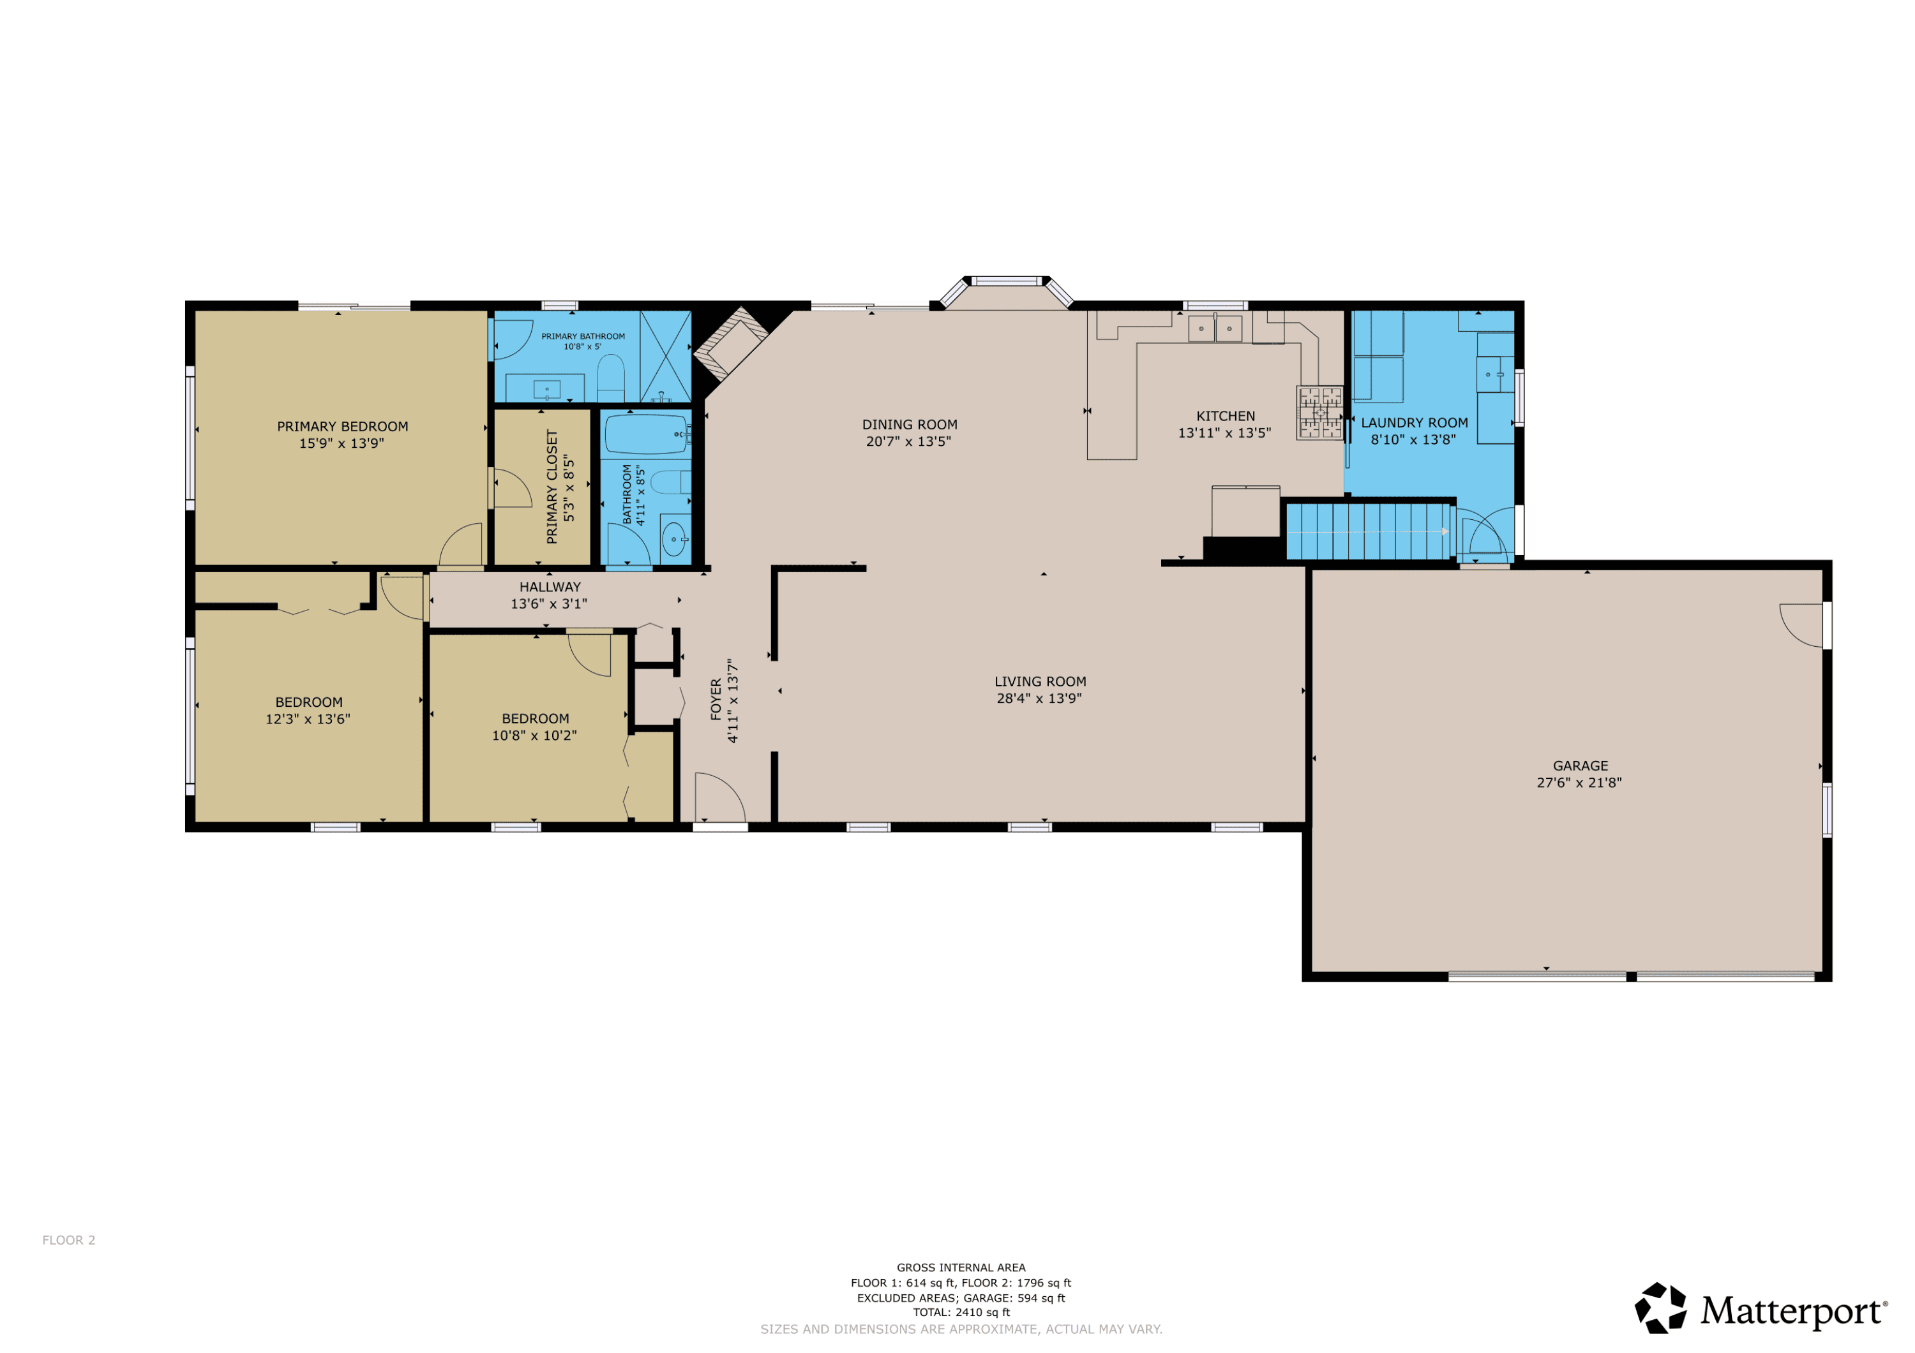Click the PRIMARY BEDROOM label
tap(343, 427)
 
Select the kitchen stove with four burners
tap(1319, 412)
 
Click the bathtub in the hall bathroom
tap(647, 434)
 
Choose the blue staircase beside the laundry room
tap(1368, 531)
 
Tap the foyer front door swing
tap(719, 797)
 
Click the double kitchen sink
tap(1215, 329)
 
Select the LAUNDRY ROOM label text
tap(1415, 424)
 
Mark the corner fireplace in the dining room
tap(732, 343)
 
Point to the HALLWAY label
tap(550, 587)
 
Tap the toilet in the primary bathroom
tap(610, 378)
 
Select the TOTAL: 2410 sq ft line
tap(961, 1312)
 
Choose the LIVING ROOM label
tap(1040, 682)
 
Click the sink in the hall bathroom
tap(675, 540)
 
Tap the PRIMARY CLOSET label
tap(552, 487)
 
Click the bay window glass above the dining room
tap(1007, 281)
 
